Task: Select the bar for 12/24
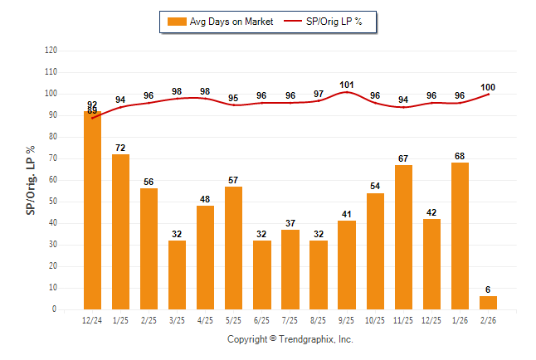(92, 211)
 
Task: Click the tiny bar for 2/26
(488, 303)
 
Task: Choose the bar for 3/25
(177, 275)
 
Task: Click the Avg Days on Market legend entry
(217, 22)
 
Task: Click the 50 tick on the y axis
(53, 202)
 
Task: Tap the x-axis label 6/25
(262, 319)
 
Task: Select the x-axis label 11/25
(403, 319)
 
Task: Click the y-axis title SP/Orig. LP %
(31, 179)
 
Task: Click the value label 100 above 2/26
(488, 87)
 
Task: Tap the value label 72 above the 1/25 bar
(121, 148)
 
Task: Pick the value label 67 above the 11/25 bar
(403, 158)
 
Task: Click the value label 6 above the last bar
(488, 289)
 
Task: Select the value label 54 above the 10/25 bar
(375, 187)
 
